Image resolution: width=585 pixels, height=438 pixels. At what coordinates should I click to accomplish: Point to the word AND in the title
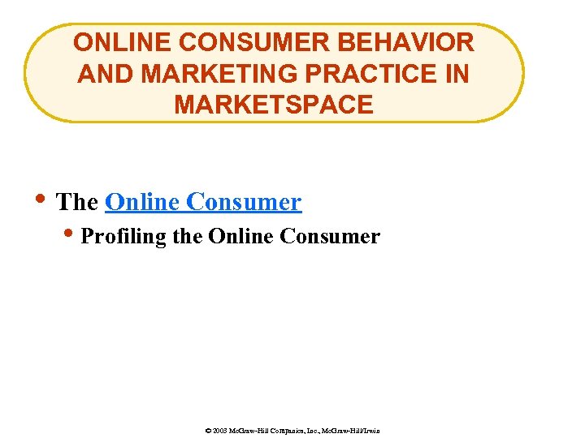tap(102, 73)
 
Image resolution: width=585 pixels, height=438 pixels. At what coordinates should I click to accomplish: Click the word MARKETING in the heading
tap(214, 73)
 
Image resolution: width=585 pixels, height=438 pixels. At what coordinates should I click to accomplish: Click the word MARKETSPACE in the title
tap(273, 105)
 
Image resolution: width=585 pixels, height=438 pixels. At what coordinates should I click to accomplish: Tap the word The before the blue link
tap(77, 201)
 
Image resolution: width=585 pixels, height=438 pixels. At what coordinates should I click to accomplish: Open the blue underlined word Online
tap(143, 201)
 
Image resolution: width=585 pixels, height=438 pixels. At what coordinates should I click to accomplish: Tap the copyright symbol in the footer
tap(209, 431)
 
